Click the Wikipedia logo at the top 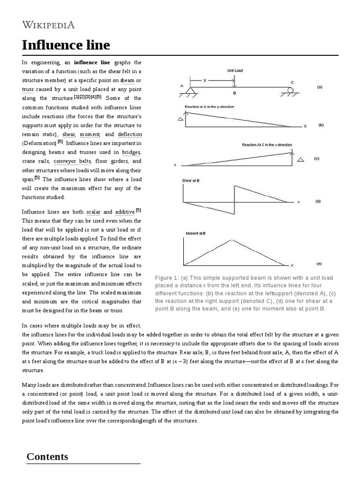[x=48, y=25]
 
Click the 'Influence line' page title [x=66, y=45]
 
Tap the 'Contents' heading [x=47, y=457]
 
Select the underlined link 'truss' [x=28, y=89]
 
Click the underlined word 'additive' [x=125, y=212]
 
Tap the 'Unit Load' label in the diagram [x=235, y=70]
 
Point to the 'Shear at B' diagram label [x=191, y=180]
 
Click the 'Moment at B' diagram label [x=193, y=233]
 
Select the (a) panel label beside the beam [x=320, y=87]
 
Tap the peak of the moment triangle [x=231, y=240]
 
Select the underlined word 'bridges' [x=131, y=152]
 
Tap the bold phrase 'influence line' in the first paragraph [x=92, y=62]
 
